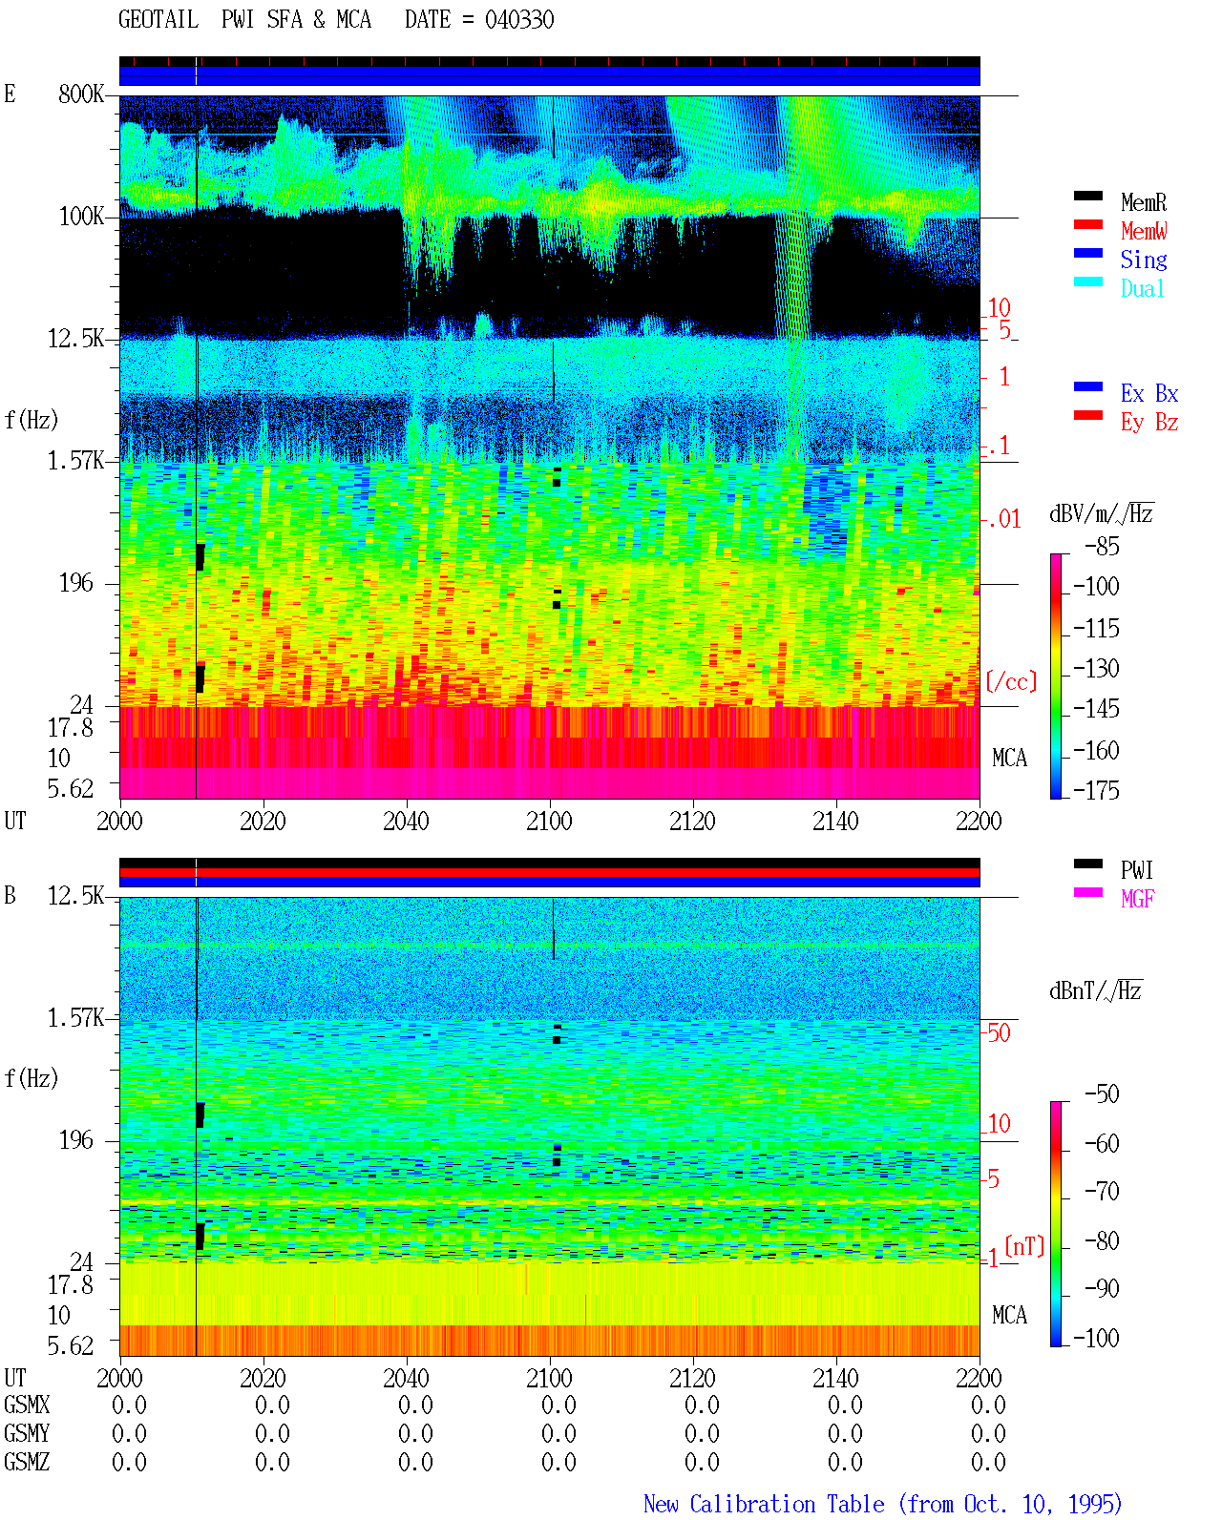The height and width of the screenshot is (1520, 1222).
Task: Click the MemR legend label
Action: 1143,202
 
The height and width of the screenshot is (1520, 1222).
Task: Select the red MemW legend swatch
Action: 1087,224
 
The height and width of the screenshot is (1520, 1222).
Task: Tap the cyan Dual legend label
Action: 1142,288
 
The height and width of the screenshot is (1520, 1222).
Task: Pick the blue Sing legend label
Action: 1143,260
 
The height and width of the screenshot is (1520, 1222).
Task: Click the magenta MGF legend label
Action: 1137,899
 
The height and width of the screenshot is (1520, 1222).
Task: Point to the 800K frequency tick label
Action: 81,94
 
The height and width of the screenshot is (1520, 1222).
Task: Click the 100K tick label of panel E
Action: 81,217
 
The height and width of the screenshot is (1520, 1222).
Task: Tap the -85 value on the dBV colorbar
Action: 1102,546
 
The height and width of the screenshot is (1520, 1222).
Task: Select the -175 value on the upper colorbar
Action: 1096,790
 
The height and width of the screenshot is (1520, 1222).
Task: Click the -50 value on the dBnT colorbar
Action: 1102,1094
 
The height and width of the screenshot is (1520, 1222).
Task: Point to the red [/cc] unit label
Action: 1011,681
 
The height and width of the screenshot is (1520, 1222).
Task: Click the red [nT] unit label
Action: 1024,1245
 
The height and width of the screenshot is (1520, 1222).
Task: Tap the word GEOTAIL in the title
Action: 158,19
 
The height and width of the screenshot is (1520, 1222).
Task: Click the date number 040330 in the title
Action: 519,20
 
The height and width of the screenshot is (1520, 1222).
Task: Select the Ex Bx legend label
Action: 1148,393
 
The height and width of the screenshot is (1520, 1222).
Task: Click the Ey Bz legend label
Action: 1148,423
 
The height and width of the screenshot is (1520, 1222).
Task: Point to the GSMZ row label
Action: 27,1462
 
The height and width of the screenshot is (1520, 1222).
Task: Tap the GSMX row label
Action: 27,1405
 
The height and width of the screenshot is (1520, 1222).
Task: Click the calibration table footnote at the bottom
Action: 882,1504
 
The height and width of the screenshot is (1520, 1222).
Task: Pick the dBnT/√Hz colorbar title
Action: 1095,991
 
